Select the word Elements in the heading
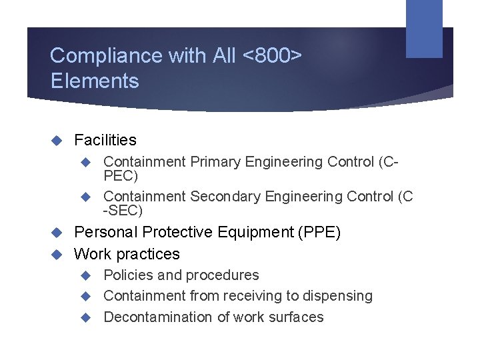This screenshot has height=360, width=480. pyautogui.click(x=95, y=81)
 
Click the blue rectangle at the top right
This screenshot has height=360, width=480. pyautogui.click(x=424, y=28)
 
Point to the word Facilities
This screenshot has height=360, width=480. pyautogui.click(x=105, y=140)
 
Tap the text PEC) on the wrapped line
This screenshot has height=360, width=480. pyautogui.click(x=121, y=176)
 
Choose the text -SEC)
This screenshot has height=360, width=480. pyautogui.click(x=123, y=211)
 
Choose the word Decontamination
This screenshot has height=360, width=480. pyautogui.click(x=158, y=317)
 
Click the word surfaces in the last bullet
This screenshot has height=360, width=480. pyautogui.click(x=295, y=317)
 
